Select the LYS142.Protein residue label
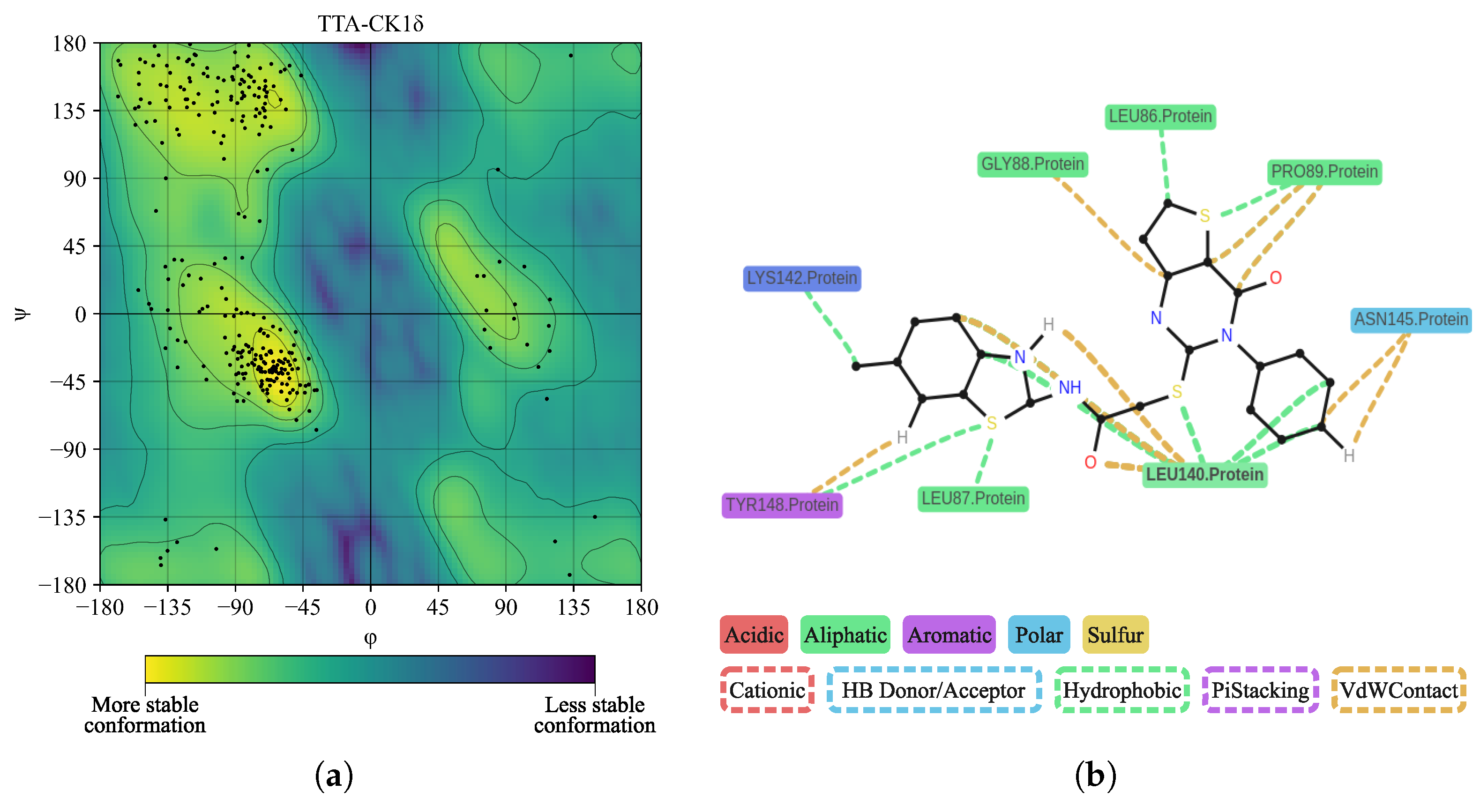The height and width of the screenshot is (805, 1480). point(801,279)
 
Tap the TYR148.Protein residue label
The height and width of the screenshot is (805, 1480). point(781,505)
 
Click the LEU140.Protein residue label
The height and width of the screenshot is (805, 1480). point(1204,475)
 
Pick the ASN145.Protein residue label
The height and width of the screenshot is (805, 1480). point(1411,319)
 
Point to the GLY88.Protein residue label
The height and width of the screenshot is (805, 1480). point(1032,164)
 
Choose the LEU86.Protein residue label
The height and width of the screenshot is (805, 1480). point(1160,117)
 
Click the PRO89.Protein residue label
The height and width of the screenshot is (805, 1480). point(1324,172)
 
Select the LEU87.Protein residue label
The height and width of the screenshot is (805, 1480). point(973,498)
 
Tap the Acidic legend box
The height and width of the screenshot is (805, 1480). point(753,635)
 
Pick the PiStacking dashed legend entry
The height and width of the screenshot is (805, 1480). point(1260,690)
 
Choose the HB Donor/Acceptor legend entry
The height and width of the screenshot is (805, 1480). point(933,690)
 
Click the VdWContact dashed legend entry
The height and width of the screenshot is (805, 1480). point(1398,690)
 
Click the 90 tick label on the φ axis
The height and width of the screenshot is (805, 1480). point(506,607)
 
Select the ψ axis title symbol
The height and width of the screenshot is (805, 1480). point(21,314)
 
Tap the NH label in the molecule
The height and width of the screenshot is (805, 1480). point(1069,388)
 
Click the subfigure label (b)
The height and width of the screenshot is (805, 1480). point(1095,775)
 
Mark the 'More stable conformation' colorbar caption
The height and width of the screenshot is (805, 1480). point(145,715)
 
